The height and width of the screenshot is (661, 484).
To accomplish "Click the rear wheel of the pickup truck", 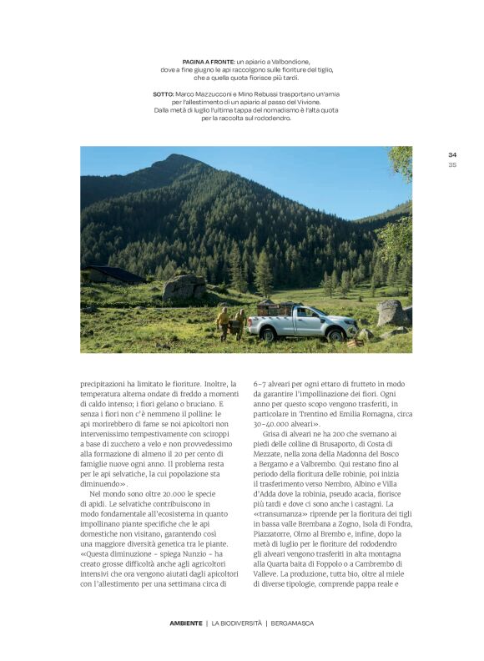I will pyautogui.click(x=270, y=334).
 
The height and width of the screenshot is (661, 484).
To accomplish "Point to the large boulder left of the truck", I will pyautogui.click(x=184, y=288).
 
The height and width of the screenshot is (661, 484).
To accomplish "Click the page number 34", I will pyautogui.click(x=452, y=154).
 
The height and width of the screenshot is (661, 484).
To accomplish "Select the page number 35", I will pyautogui.click(x=452, y=164).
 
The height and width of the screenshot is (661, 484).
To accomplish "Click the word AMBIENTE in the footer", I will pyautogui.click(x=185, y=623).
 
